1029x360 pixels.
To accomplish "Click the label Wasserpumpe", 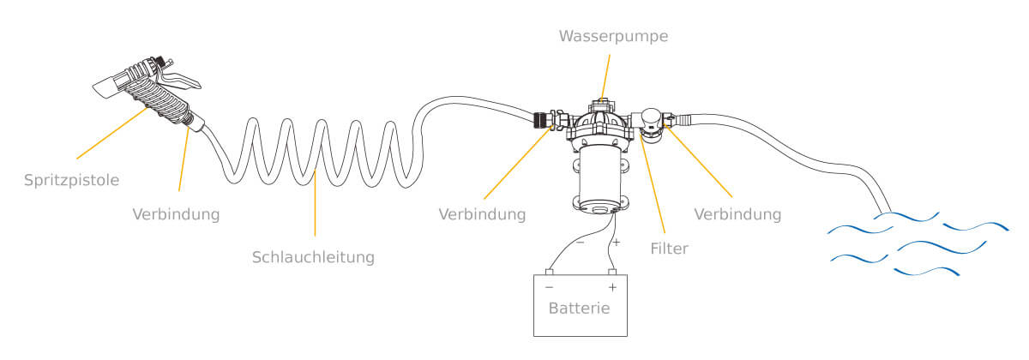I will [612, 36].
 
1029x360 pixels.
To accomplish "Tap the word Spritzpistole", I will [70, 181].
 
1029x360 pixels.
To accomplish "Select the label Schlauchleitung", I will [313, 256].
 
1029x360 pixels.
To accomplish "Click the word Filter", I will [669, 249].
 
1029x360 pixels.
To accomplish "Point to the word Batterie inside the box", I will [580, 309].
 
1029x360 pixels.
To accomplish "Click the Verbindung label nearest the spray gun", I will [176, 214].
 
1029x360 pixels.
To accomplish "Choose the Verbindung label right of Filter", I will [738, 214].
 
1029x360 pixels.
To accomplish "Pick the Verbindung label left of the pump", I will [481, 214].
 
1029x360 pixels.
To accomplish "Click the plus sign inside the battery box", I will [612, 288].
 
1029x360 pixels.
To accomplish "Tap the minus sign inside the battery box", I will [549, 288].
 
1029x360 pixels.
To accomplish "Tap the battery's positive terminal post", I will [612, 272].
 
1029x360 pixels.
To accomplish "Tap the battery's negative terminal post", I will [550, 272].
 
